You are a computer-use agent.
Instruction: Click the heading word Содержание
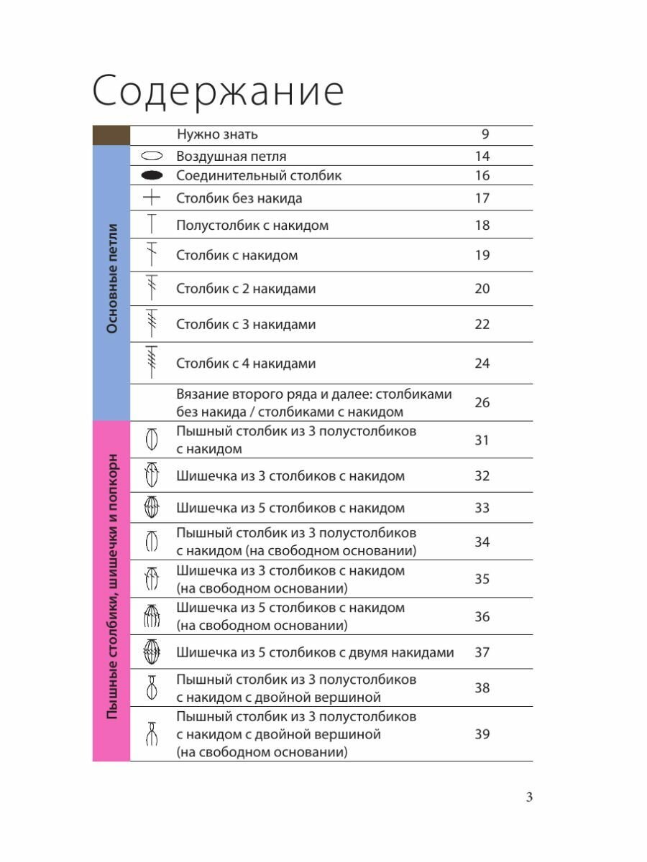(x=218, y=92)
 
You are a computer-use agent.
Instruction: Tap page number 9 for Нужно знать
(x=485, y=134)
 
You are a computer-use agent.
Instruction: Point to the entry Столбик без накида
(x=239, y=198)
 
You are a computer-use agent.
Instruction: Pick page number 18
(x=482, y=226)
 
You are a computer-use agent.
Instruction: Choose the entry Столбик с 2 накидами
(x=246, y=289)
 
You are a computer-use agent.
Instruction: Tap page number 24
(x=482, y=363)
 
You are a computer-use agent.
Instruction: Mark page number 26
(x=482, y=402)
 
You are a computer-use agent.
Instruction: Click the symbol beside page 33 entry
(x=151, y=508)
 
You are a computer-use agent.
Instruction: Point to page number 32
(x=482, y=476)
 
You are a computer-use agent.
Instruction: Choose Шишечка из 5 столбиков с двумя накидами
(x=315, y=653)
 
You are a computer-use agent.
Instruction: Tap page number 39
(x=482, y=734)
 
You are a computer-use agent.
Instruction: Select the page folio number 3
(x=528, y=797)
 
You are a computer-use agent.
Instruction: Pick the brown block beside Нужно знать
(x=111, y=135)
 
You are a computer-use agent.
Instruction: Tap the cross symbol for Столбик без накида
(x=151, y=198)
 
